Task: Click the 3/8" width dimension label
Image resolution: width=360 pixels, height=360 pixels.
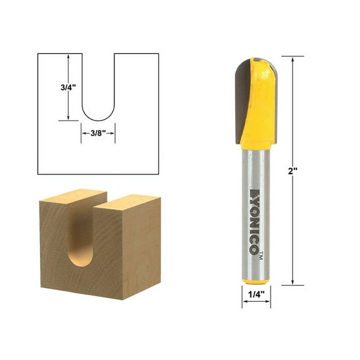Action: [97, 132]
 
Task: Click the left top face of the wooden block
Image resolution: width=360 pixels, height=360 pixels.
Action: [69, 199]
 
